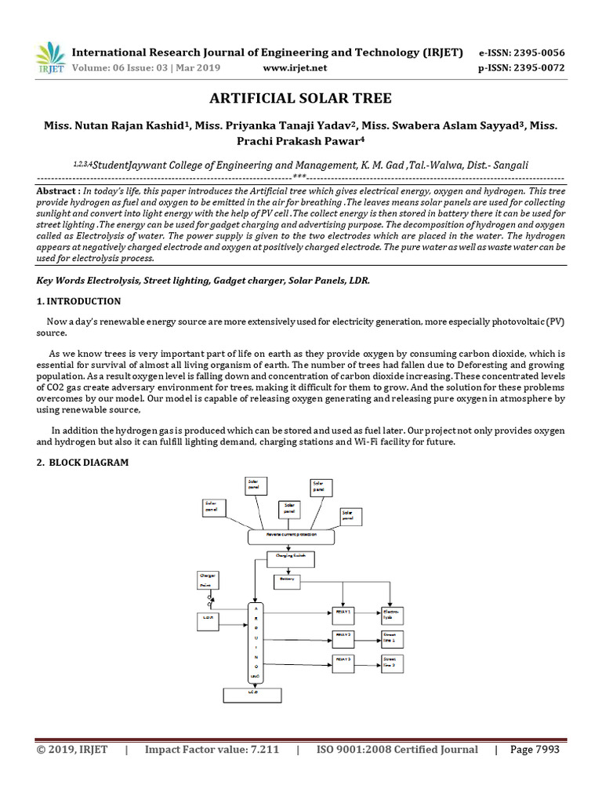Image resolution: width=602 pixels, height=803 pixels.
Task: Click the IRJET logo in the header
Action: tap(50, 57)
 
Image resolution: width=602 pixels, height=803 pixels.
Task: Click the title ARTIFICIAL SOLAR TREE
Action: tap(300, 98)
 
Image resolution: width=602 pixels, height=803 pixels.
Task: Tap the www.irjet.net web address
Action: tap(295, 67)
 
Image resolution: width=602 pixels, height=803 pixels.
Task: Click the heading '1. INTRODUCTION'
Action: tap(79, 301)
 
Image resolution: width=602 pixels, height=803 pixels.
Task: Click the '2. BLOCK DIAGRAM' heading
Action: tap(83, 463)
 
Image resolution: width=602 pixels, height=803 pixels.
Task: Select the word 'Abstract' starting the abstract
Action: tap(57, 191)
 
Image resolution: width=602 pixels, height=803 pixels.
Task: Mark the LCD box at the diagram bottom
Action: tap(252, 695)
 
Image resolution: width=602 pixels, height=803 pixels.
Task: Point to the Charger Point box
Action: tap(208, 580)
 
